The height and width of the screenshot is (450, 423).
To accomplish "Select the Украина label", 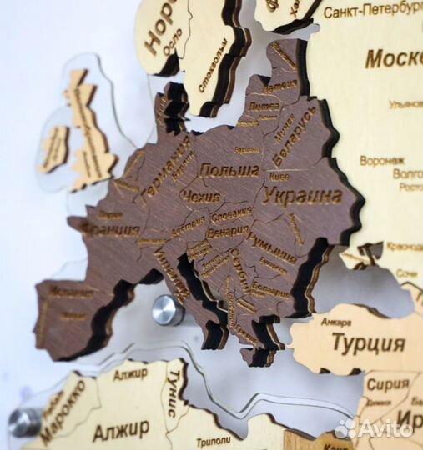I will click(x=302, y=196).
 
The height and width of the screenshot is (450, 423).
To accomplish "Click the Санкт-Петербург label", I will click(x=371, y=12).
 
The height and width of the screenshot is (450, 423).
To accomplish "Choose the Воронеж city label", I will click(x=382, y=159).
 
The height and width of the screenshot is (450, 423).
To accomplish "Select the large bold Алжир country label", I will click(x=121, y=431).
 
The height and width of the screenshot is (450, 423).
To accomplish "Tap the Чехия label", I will click(x=200, y=197).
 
